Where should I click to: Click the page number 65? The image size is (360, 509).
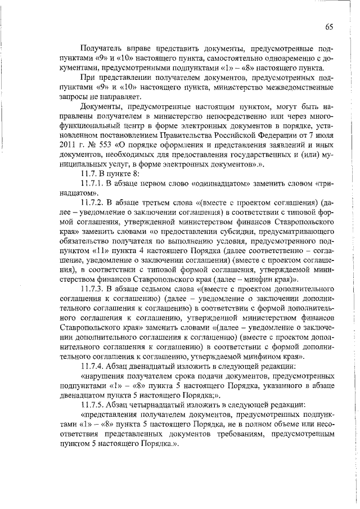(x=328, y=27)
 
